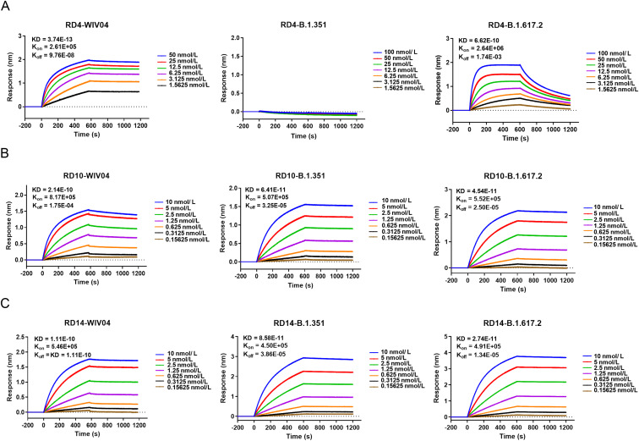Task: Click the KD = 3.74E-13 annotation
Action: pyautogui.click(x=56, y=40)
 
